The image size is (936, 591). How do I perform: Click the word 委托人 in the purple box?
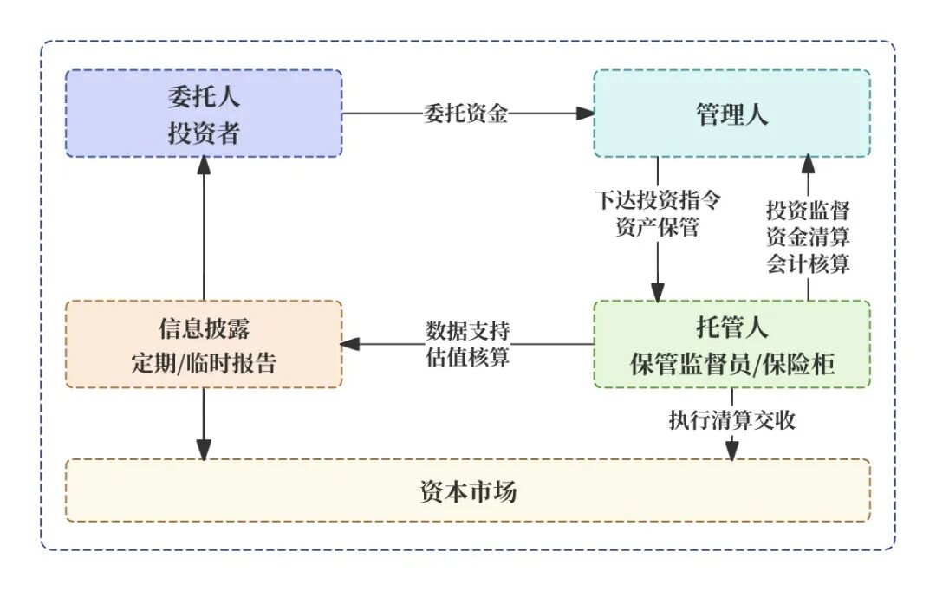point(204,97)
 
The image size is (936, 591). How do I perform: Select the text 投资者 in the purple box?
point(204,133)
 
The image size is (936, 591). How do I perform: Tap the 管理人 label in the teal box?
point(731,114)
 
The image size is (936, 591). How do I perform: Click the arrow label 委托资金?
point(466,114)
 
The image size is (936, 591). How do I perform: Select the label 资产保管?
point(657,229)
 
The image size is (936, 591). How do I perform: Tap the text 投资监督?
point(808,211)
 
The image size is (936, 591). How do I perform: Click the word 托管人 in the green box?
point(731,328)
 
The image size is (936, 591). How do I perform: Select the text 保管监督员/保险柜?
point(731,364)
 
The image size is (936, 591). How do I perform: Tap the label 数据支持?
point(467,330)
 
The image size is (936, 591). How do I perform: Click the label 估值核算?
point(467,357)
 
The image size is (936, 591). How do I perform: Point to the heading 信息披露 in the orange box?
point(204,328)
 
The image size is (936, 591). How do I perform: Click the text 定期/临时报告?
point(204,364)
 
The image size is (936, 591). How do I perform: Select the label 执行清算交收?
point(731,421)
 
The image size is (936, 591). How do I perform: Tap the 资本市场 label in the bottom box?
point(467,491)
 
